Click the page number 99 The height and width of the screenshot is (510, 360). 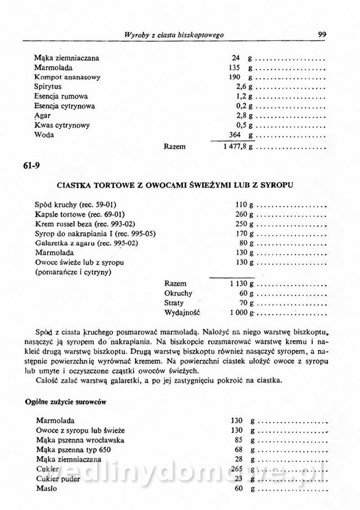[322, 34]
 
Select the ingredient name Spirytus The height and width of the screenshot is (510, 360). [48, 86]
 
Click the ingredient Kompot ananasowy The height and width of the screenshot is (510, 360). [67, 77]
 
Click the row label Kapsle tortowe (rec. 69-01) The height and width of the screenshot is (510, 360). [80, 214]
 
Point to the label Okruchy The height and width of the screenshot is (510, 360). [178, 293]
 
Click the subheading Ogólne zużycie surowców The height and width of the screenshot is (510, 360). [66, 402]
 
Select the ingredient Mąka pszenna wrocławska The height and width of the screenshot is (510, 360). [80, 440]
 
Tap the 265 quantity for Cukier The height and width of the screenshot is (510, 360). [237, 469]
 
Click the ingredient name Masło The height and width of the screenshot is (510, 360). [46, 488]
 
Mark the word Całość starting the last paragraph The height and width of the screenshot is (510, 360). [46, 380]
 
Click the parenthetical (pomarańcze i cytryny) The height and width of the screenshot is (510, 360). [73, 272]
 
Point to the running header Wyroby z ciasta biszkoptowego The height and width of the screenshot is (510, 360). [174, 35]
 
